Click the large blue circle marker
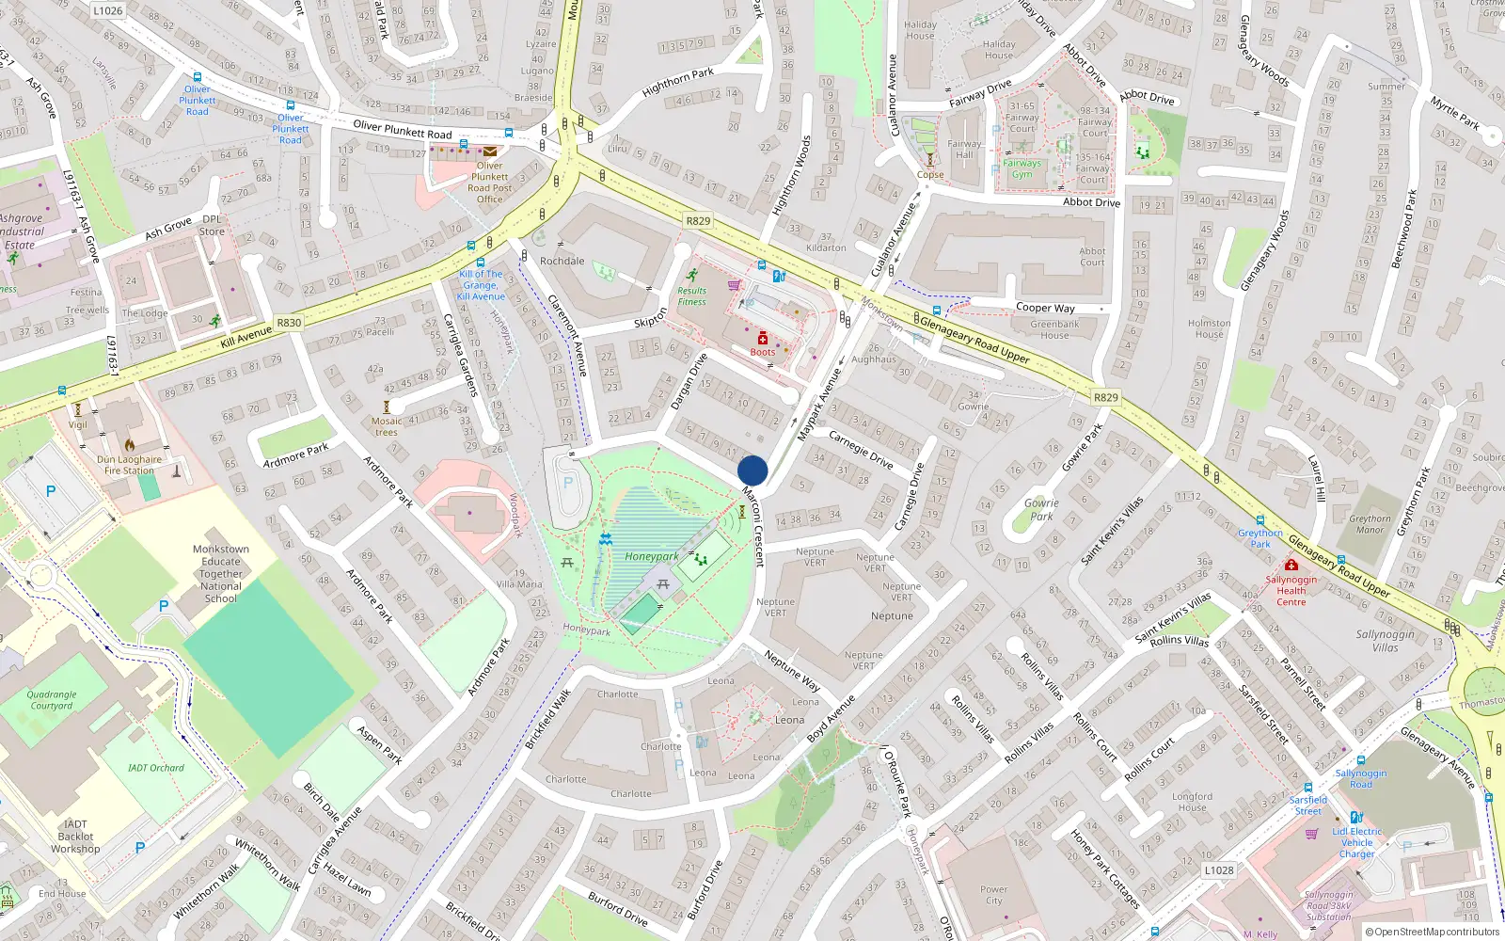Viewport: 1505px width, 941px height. tap(752, 470)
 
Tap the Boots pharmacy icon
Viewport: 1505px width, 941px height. tap(763, 338)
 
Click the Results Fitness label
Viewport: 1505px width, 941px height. tap(691, 296)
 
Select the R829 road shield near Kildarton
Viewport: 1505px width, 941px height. tap(698, 221)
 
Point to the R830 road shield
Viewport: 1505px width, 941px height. tap(289, 323)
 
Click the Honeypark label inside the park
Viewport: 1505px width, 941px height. tap(651, 556)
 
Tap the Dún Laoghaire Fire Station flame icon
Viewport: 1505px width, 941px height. tap(130, 445)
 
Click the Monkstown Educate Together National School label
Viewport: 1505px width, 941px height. tap(221, 573)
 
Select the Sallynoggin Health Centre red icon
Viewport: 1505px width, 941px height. tap(1291, 565)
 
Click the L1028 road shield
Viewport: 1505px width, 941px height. tap(1219, 870)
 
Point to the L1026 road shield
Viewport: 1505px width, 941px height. tap(107, 10)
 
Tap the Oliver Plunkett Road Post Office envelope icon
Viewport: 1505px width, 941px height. tap(490, 152)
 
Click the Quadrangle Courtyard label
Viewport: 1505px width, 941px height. tap(52, 700)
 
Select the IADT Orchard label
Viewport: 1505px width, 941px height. tap(156, 768)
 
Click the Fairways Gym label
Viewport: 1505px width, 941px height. tap(1022, 168)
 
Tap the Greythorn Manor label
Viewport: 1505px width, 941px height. tap(1370, 524)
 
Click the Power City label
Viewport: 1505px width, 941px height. tap(993, 895)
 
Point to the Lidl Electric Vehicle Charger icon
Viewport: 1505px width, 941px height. tap(1356, 817)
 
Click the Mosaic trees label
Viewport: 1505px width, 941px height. tap(387, 426)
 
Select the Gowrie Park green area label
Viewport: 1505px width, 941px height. tap(1041, 509)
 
